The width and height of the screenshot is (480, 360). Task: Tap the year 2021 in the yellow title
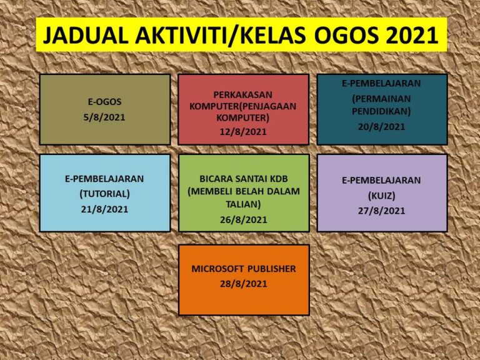coord(412,36)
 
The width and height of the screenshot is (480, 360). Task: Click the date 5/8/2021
coord(104,117)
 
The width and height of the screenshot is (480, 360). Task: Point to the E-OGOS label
coord(105,102)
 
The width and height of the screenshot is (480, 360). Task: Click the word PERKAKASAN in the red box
coord(243,95)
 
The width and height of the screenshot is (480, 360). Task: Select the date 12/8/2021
coord(243,132)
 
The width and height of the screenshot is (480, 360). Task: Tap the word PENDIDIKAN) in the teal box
coord(381,111)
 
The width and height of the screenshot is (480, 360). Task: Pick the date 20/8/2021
coord(381,127)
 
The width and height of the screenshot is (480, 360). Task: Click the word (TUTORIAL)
coord(105,194)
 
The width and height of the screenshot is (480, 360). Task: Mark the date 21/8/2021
coord(105,209)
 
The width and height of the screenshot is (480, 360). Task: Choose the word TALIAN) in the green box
coord(243,204)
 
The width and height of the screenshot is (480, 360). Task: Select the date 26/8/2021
coord(244,220)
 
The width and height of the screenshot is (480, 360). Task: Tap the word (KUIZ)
coord(381,196)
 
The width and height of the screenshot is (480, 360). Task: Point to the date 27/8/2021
coord(381,211)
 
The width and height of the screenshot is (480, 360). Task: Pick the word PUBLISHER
coord(272,269)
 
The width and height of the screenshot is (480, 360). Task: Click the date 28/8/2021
coord(244,284)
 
